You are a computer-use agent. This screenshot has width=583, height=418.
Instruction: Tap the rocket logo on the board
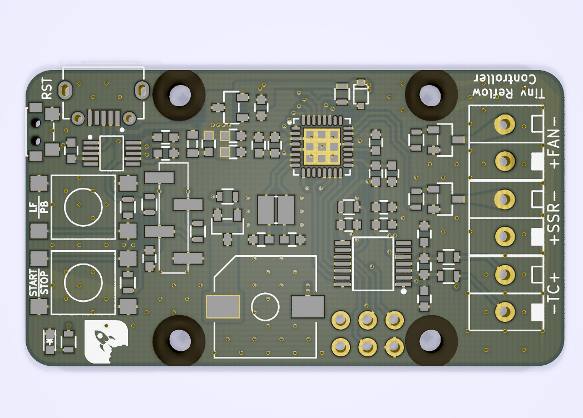tap(106, 341)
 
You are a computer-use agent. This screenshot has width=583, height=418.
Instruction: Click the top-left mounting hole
tap(179, 95)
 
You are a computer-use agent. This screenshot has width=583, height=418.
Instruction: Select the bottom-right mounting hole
tap(431, 340)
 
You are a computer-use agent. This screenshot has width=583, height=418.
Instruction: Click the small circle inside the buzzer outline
tap(265, 306)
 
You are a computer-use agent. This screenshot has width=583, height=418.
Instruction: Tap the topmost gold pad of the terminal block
tap(505, 124)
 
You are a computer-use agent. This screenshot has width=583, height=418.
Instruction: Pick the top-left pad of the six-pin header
tap(340, 320)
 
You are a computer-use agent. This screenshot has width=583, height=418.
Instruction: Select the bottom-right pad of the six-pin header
tap(394, 347)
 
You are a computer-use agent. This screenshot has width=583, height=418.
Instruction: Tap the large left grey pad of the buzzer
tap(223, 307)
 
